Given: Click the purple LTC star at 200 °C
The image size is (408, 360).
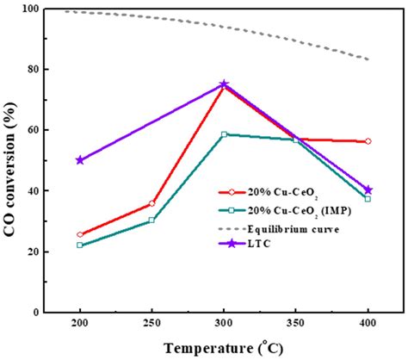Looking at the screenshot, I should click(80, 159).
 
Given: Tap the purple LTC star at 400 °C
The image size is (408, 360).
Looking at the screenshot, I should click(368, 189).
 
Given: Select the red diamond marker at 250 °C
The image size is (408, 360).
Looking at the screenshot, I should click(151, 203).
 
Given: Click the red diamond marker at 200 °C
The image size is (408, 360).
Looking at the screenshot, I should click(80, 234).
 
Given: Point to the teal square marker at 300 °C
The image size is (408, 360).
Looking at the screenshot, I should click(224, 134).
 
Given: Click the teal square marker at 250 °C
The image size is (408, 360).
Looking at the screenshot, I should click(151, 220).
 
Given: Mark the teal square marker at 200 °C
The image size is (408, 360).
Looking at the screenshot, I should click(80, 245).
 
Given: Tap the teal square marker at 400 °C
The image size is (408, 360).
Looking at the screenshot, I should click(368, 199).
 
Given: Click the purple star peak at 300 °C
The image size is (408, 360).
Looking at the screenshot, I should click(224, 84).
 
